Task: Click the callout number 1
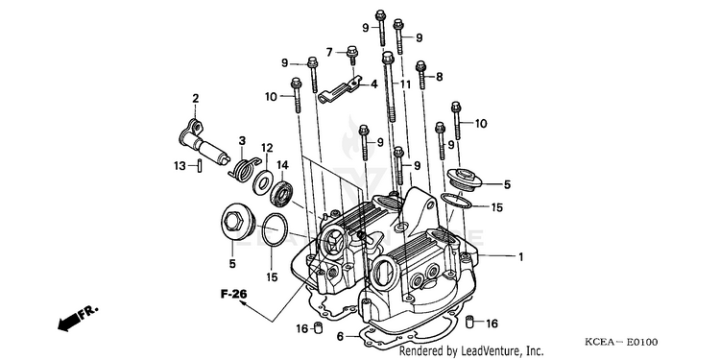click(520, 257)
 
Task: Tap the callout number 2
click(196, 98)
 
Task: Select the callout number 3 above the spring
click(242, 140)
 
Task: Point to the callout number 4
click(374, 84)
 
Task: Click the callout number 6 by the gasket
click(340, 337)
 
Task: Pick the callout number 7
click(329, 53)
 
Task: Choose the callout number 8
click(440, 77)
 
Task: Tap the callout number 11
click(404, 84)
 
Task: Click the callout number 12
click(267, 148)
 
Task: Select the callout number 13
click(180, 166)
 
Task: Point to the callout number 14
click(282, 164)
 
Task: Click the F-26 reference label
click(233, 294)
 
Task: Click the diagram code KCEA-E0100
click(621, 342)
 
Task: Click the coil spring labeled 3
click(245, 168)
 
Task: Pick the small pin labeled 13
click(201, 165)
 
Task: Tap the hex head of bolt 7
click(351, 50)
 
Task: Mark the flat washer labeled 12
click(263, 182)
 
